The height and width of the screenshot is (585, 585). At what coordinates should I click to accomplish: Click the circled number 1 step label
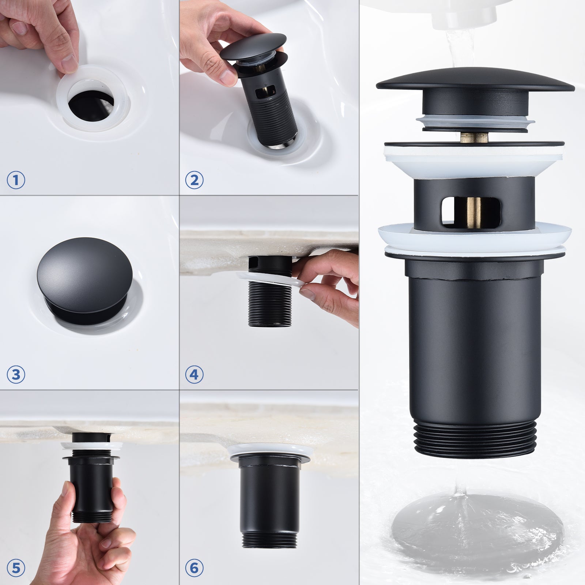(16, 180)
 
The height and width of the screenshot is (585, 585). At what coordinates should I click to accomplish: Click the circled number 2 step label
(194, 180)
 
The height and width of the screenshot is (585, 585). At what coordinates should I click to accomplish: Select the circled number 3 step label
(16, 375)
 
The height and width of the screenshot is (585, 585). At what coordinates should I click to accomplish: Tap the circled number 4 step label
(194, 375)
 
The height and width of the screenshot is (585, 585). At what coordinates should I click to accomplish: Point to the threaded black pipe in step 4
(270, 307)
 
